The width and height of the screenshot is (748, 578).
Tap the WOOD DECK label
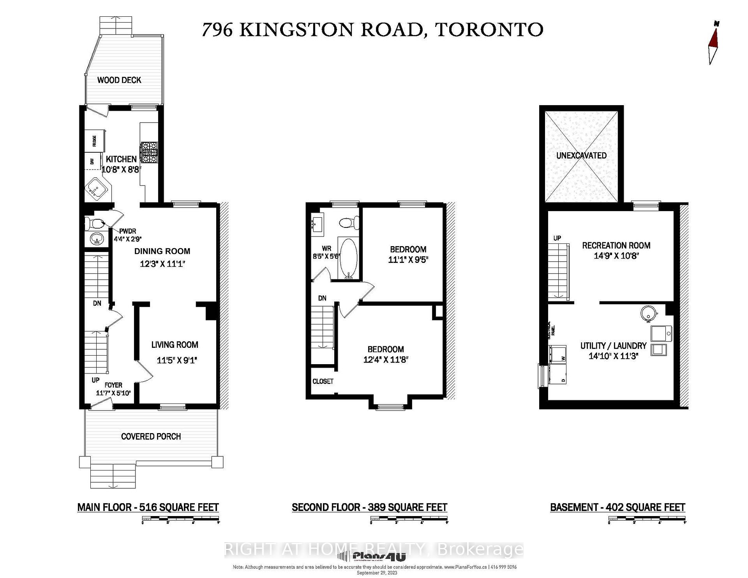coord(119,80)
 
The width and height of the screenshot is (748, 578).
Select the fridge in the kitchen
coord(95,141)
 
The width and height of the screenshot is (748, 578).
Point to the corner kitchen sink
coord(96,189)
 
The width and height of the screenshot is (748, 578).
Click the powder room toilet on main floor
coord(93,223)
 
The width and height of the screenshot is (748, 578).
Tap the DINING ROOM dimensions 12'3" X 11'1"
coord(162,264)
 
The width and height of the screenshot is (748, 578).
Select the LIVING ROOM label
coord(175,345)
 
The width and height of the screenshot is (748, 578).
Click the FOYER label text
coord(113,385)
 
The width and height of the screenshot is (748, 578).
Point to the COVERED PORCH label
coord(151,437)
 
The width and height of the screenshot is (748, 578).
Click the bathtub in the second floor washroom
coord(348,257)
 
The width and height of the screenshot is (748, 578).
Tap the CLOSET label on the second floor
coord(323,381)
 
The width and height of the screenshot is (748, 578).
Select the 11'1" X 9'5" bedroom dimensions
coord(408,260)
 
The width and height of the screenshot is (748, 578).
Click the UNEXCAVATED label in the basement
coord(581,155)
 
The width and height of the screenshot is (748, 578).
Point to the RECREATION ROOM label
coord(616,245)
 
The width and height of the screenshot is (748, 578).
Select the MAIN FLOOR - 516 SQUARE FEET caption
coord(148,508)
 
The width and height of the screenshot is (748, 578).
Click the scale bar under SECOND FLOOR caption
coord(409,518)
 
